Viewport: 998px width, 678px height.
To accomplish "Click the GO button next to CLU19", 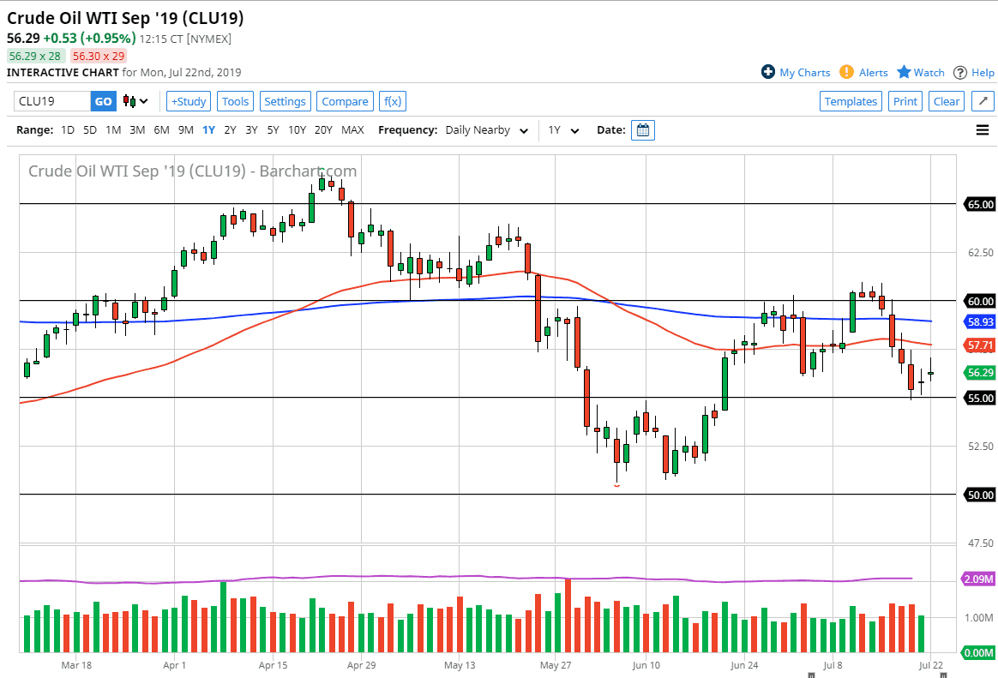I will coord(103,101).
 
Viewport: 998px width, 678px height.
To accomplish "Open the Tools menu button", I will coord(235,101).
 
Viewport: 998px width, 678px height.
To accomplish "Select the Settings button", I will coord(285,101).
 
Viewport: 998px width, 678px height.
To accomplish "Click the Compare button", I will coord(345,101).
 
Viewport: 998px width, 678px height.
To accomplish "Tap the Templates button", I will coord(851,101).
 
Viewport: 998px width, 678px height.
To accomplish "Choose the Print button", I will coord(905,101).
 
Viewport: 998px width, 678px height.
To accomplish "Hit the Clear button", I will coord(947,101).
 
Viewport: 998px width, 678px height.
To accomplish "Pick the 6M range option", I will coord(161,130).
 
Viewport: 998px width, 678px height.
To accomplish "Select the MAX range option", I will coord(352,130).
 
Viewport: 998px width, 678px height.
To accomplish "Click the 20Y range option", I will coord(323,130).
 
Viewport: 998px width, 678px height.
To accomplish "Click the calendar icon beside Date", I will coord(643,130).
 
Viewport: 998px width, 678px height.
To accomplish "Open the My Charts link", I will coord(796,73).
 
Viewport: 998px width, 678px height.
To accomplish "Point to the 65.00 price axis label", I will coord(980,205).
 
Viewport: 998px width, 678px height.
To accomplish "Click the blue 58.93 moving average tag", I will coord(980,321).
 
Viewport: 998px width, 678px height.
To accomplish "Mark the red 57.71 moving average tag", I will coord(980,345).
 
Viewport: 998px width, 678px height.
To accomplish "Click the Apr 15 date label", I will coord(272,664).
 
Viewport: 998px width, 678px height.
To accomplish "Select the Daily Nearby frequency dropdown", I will coord(486,130).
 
